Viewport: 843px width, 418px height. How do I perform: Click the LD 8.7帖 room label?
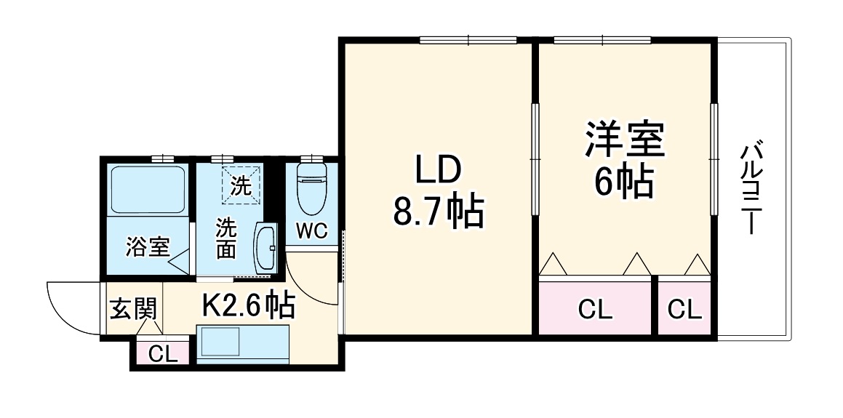click(438, 191)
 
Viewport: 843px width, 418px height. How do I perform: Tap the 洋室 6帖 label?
click(625, 161)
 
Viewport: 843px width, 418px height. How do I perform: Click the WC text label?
click(311, 231)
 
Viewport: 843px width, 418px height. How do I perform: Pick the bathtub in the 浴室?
click(148, 189)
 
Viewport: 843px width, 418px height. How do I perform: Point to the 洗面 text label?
click(225, 238)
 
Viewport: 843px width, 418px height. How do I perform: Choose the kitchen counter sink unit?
click(244, 344)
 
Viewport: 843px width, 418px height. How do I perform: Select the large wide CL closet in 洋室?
click(594, 310)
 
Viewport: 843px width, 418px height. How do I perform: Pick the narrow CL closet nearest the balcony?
click(685, 310)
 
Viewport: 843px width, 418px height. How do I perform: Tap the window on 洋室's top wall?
click(602, 40)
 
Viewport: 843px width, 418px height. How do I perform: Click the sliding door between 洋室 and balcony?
click(714, 160)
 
